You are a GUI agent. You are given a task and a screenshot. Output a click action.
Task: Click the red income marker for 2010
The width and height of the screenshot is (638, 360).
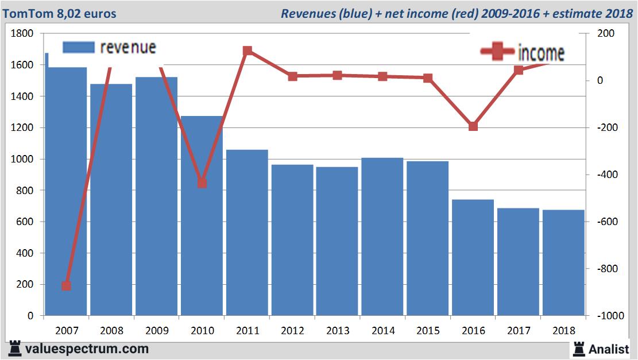(x=202, y=183)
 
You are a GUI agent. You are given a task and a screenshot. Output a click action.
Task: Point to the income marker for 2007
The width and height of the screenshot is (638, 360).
(x=66, y=285)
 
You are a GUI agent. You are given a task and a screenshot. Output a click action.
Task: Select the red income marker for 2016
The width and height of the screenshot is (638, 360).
(x=473, y=126)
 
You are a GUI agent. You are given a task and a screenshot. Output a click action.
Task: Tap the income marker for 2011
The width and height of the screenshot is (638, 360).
(x=248, y=51)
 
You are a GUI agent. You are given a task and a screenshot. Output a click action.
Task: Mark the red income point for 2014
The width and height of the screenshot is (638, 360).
(x=383, y=76)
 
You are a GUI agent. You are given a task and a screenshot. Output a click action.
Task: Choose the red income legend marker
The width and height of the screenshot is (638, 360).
(x=497, y=52)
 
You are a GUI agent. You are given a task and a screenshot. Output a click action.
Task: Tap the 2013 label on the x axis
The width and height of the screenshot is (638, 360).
(x=338, y=331)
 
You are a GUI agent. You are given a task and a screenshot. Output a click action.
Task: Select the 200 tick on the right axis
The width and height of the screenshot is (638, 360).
(x=605, y=34)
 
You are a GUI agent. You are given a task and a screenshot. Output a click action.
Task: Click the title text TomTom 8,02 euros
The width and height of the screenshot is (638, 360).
(x=59, y=13)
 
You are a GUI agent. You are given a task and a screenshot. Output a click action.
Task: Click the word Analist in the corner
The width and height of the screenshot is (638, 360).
(x=609, y=349)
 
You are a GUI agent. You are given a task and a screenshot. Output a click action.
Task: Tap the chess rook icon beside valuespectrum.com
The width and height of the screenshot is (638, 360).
(x=15, y=349)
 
